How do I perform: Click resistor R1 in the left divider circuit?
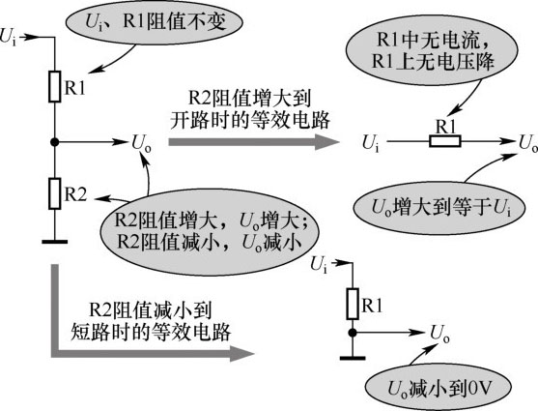54,87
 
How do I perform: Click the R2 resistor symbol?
54,193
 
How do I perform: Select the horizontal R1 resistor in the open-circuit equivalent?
445,141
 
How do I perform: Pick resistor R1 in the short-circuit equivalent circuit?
353,304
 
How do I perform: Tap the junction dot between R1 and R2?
54,141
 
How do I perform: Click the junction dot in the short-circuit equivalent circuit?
353,333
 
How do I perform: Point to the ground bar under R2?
54,242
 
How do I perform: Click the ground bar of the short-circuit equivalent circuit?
353,358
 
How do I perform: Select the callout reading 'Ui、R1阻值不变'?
154,22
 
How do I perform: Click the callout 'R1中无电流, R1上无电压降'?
432,50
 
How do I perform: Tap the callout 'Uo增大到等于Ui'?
439,208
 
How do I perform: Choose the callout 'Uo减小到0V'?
439,390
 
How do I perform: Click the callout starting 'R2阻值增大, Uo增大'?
209,231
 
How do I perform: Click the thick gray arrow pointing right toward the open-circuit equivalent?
254,141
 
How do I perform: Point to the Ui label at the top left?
9,37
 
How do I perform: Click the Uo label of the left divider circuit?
141,144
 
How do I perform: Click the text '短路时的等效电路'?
151,333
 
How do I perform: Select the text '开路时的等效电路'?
250,121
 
